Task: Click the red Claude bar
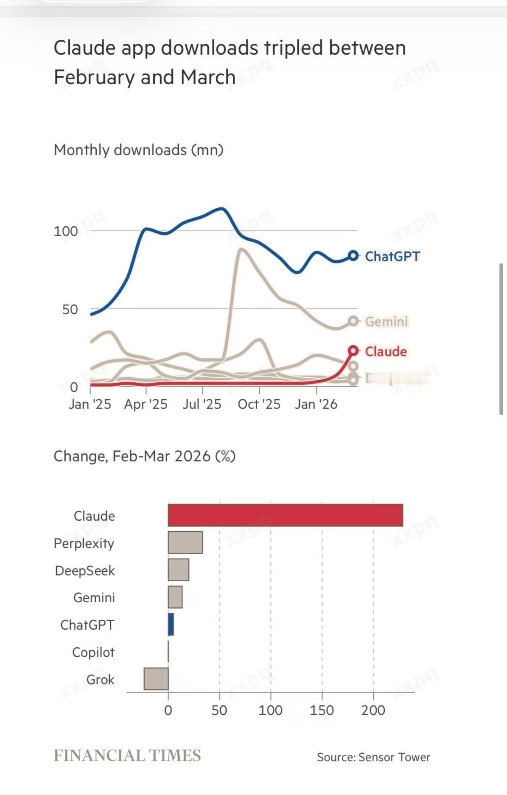click(x=285, y=515)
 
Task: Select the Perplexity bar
click(x=185, y=542)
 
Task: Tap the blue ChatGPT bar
click(x=171, y=624)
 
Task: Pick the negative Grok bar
click(x=156, y=678)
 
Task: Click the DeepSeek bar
click(x=178, y=570)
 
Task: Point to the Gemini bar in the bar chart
click(x=175, y=597)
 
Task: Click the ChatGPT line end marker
click(x=354, y=255)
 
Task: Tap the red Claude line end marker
click(x=354, y=350)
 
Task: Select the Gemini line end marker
click(x=354, y=321)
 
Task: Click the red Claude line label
click(x=386, y=351)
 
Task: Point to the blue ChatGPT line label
click(x=392, y=256)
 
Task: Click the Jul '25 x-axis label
click(x=202, y=404)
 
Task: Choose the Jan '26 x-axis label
click(x=316, y=404)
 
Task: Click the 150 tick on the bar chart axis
click(x=322, y=710)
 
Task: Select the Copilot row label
click(x=93, y=652)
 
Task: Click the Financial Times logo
click(x=127, y=756)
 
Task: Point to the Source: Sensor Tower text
click(x=373, y=757)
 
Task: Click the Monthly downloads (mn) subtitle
click(x=139, y=150)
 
